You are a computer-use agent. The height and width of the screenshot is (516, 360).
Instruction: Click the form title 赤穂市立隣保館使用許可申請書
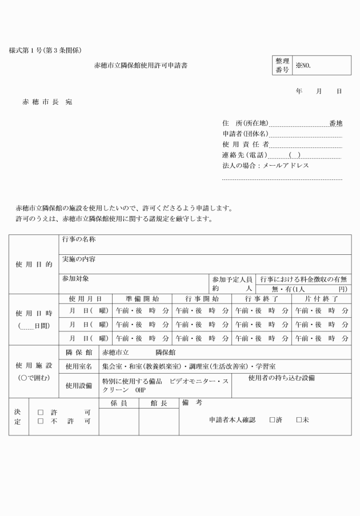tap(141, 66)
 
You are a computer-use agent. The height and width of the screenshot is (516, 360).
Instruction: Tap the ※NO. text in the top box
tap(303, 66)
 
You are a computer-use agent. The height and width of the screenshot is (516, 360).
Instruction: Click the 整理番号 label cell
tap(282, 66)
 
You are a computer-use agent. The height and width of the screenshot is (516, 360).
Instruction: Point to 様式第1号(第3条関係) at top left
tap(49, 51)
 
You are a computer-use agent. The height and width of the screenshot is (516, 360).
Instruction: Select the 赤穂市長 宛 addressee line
tap(47, 102)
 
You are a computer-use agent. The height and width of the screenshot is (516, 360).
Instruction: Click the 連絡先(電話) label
tap(245, 155)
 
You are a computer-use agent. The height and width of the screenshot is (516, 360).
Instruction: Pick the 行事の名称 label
tap(79, 241)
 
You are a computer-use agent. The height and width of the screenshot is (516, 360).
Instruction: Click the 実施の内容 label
tap(79, 259)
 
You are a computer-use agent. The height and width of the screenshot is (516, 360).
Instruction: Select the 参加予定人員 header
tap(232, 279)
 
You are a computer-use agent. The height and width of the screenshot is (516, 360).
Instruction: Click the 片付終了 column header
tap(322, 299)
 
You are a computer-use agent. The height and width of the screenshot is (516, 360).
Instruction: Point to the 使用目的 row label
tap(34, 265)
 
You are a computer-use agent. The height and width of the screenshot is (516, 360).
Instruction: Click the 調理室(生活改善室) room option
tap(216, 366)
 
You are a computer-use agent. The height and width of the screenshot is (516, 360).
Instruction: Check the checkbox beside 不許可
tap(41, 422)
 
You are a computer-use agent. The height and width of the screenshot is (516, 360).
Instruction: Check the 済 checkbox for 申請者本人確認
tap(273, 420)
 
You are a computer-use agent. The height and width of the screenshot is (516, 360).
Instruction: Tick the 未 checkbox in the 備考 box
tap(299, 420)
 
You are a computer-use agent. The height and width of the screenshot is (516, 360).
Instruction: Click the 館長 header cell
tap(158, 403)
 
